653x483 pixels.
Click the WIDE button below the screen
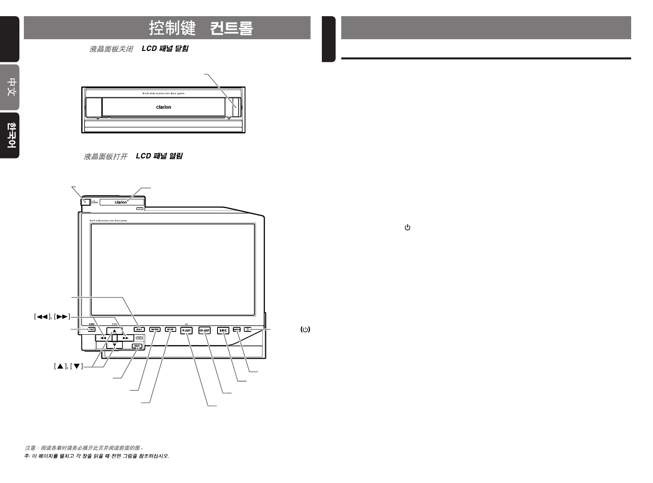tap(155, 329)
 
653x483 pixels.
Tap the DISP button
tap(171, 329)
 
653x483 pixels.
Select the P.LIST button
tap(186, 331)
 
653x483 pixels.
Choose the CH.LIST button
tap(205, 331)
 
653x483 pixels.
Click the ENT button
tap(137, 346)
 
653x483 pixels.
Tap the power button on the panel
tap(248, 329)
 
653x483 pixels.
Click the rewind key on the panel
tap(103, 338)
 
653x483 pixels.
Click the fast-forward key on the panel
tap(126, 338)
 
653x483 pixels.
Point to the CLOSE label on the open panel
tap(95, 202)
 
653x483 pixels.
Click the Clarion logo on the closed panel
tap(164, 107)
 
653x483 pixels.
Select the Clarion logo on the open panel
tap(121, 202)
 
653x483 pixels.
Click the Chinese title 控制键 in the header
tap(172, 28)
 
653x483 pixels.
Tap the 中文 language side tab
tap(10, 87)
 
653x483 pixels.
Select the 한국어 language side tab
tap(10, 135)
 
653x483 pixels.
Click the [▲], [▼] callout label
tap(68, 367)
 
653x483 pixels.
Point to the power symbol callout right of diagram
tap(305, 329)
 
